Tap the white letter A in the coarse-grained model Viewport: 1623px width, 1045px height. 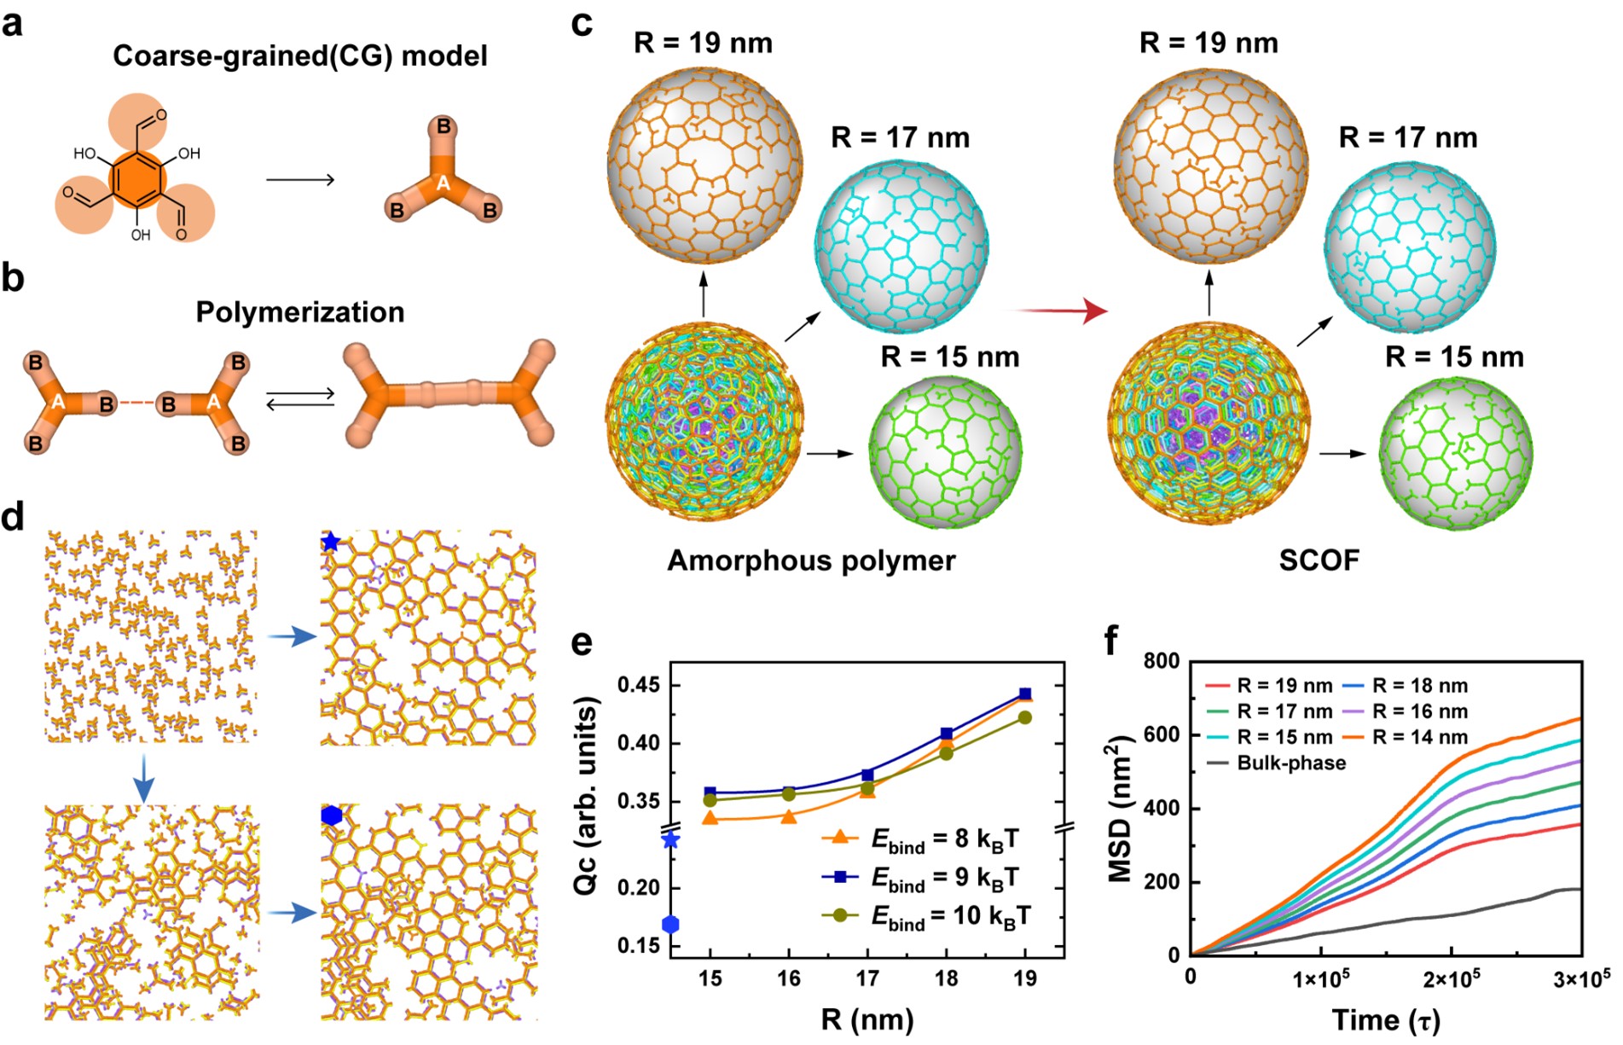[443, 183]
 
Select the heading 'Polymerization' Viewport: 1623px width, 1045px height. [300, 312]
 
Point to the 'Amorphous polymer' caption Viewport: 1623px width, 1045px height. [811, 560]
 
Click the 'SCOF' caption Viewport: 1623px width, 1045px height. [1319, 560]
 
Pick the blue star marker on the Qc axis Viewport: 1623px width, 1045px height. [671, 840]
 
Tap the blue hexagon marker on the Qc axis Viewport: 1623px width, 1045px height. [671, 924]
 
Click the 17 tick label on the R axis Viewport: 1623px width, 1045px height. [867, 978]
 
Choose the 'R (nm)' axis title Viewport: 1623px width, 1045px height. [867, 1019]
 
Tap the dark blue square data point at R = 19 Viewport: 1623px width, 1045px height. [1025, 694]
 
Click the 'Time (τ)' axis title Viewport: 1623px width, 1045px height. [1386, 1019]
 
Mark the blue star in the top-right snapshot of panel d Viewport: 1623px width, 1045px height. [331, 543]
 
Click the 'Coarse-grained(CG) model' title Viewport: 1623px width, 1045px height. [300, 56]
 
